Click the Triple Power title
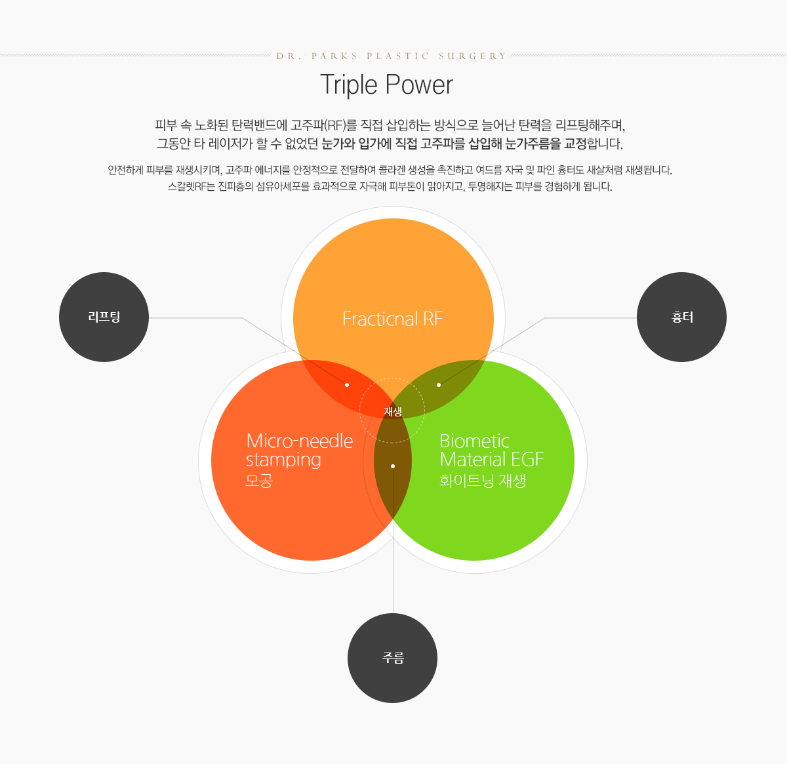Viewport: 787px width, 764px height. (x=387, y=85)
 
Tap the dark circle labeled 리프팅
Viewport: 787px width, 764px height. (x=104, y=317)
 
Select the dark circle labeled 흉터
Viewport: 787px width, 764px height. (x=681, y=317)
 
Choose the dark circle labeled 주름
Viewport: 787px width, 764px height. (x=392, y=658)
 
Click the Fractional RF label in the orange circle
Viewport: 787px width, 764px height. (x=393, y=319)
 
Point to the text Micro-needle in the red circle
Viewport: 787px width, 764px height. (x=299, y=441)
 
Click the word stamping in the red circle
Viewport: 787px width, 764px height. (x=283, y=460)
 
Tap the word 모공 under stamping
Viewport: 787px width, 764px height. (x=259, y=481)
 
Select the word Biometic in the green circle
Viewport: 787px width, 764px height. (x=474, y=441)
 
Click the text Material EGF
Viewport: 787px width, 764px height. (x=492, y=460)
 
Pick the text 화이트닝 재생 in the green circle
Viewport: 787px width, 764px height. (x=483, y=481)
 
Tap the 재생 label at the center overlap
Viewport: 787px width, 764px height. (x=393, y=412)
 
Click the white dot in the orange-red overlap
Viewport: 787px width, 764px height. (x=346, y=385)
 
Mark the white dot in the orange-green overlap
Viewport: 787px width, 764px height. (x=439, y=385)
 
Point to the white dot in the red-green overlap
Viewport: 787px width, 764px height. (x=393, y=466)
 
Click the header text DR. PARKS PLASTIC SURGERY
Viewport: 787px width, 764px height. (x=392, y=56)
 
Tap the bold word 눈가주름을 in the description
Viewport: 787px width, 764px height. (x=533, y=144)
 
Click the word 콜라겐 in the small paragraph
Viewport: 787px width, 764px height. (x=392, y=170)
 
